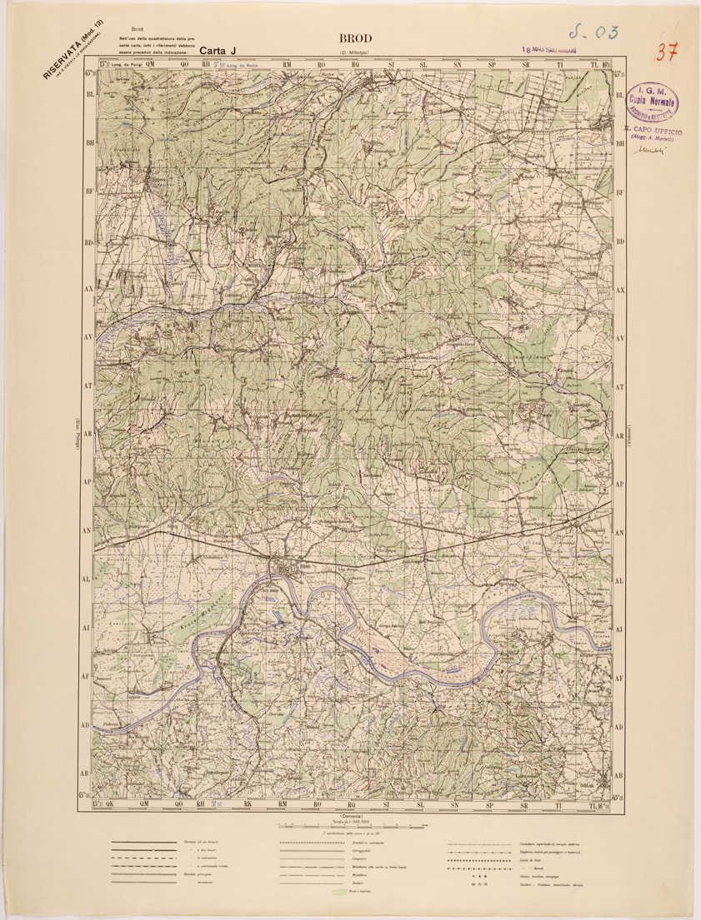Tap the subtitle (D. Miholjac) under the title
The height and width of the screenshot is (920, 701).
pos(359,54)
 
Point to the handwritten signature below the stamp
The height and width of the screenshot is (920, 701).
pos(648,151)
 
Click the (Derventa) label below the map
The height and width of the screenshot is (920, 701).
pos(359,817)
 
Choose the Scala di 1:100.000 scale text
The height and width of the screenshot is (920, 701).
pos(359,823)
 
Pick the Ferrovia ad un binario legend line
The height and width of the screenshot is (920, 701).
pos(142,843)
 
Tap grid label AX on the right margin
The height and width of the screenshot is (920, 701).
pos(619,291)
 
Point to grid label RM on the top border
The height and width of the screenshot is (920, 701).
pos(286,63)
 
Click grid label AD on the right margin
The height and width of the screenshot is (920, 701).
pos(619,726)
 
